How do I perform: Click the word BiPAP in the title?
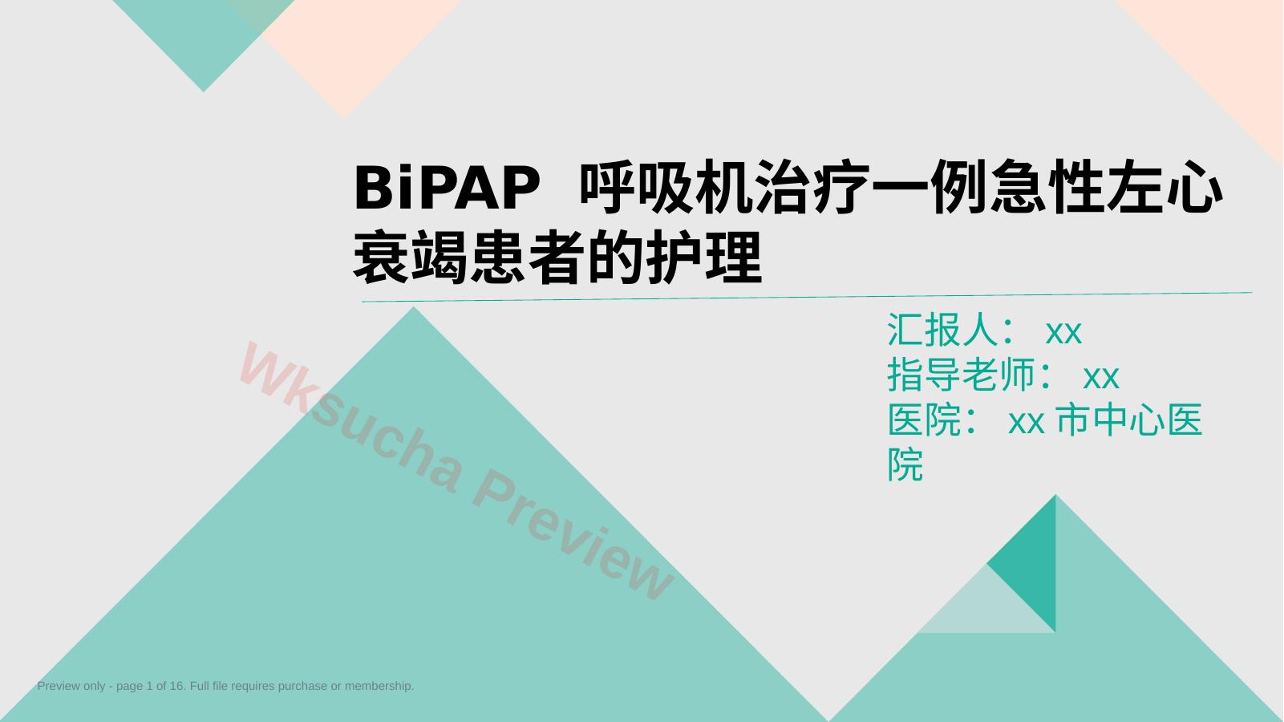447,188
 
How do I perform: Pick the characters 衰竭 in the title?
411,257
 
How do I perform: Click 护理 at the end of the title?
704,257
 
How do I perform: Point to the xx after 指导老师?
1100,378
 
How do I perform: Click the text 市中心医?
1128,420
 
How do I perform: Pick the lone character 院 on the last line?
905,464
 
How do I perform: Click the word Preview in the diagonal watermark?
573,533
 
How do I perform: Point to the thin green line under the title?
807,297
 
